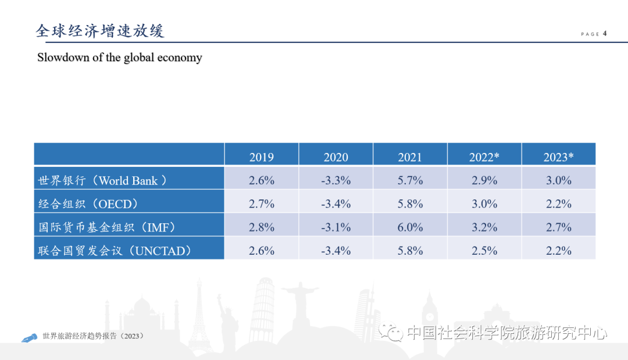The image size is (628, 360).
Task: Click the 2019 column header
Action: (x=261, y=157)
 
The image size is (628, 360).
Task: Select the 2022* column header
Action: (x=484, y=157)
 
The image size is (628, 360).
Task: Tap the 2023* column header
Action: (x=558, y=157)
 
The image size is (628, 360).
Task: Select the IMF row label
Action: (x=107, y=227)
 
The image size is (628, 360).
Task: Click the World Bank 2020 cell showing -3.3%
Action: (x=336, y=180)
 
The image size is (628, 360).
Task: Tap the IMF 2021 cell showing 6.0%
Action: (x=410, y=227)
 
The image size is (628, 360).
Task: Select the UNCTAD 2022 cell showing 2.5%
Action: (x=484, y=251)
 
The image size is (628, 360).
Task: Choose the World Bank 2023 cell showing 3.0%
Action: (x=558, y=180)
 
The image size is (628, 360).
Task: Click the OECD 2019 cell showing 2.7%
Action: (x=261, y=204)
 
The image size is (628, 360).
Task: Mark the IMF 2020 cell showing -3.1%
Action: (x=336, y=227)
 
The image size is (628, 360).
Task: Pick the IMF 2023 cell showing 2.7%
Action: (x=558, y=227)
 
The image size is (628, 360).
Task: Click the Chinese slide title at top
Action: (x=100, y=30)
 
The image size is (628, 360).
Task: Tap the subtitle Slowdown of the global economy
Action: (x=119, y=58)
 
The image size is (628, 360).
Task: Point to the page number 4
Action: (x=605, y=33)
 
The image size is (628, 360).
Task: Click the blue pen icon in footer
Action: (x=28, y=338)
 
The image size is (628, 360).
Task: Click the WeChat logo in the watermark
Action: (x=391, y=333)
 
